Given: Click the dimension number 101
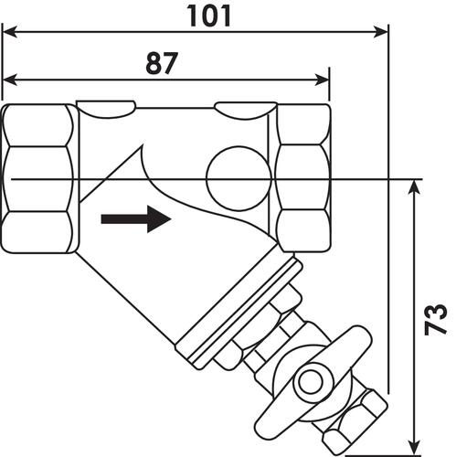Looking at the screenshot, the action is [208, 16].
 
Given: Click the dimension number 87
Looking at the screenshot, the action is [162, 63].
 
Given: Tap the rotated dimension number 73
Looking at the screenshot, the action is [436, 319].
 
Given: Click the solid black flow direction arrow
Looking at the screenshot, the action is [136, 219].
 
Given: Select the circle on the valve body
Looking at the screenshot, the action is [239, 179].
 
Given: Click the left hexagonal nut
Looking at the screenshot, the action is [38, 178].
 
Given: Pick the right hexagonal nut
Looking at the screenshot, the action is [303, 178].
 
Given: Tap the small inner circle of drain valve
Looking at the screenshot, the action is [310, 382].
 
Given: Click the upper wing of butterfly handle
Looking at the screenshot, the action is [355, 341].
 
